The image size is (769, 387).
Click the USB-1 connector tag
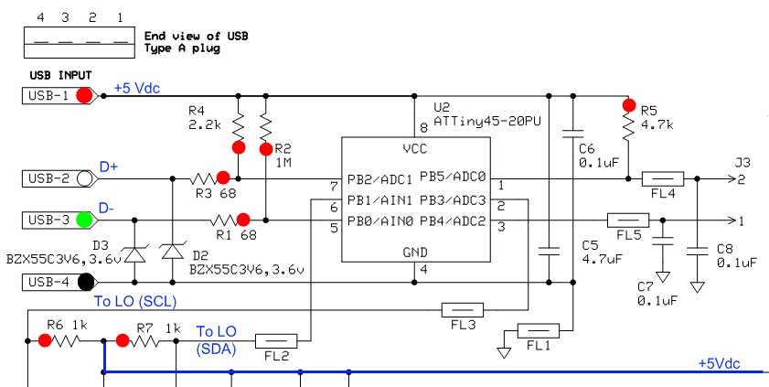(x=60, y=96)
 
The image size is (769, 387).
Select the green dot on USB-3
(x=84, y=220)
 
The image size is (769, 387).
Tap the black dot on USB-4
(x=86, y=282)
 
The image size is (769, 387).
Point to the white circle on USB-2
(x=84, y=178)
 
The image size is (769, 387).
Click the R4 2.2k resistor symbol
(x=238, y=125)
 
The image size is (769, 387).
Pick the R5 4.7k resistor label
(x=657, y=118)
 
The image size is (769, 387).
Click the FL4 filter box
(x=663, y=178)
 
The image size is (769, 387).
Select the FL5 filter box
(x=628, y=220)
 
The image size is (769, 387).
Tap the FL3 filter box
(x=463, y=310)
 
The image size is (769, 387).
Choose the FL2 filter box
(x=276, y=341)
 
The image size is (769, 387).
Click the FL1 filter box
(x=539, y=330)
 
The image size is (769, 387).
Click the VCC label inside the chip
(x=415, y=148)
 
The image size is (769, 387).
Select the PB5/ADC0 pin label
(x=453, y=178)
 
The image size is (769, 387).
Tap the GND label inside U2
(x=415, y=253)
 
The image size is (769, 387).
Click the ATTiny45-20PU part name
(x=487, y=121)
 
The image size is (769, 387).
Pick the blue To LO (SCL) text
(x=134, y=302)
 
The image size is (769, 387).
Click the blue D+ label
(x=109, y=167)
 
